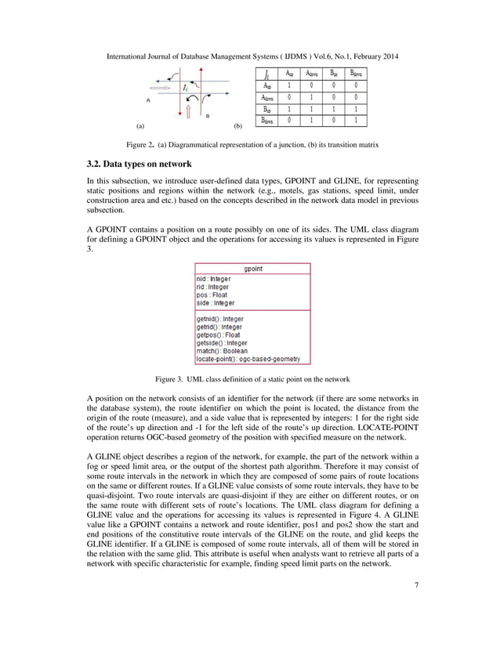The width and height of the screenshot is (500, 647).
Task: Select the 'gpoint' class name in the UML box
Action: [252, 268]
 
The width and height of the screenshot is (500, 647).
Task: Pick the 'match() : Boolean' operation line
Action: [222, 351]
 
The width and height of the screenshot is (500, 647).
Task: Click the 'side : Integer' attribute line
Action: [216, 302]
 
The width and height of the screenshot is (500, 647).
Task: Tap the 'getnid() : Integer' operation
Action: [220, 320]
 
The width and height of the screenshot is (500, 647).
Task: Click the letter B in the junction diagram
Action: [207, 116]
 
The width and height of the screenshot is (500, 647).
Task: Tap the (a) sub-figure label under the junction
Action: [140, 125]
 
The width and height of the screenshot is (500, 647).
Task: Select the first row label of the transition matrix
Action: [269, 86]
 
